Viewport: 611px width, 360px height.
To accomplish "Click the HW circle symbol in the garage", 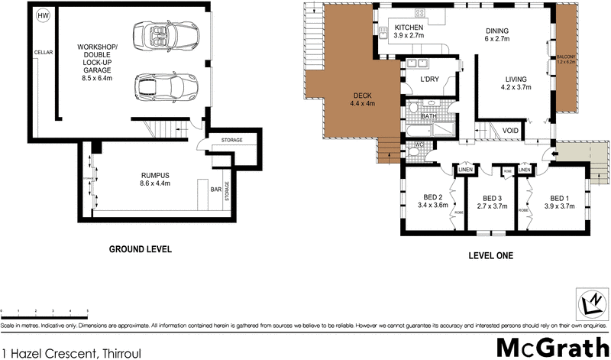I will click(x=44, y=16).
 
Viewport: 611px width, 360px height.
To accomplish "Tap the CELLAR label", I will click(x=42, y=52).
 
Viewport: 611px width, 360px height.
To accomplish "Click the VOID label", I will click(x=510, y=130).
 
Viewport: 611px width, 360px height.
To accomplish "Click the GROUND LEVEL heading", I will click(x=140, y=249).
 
